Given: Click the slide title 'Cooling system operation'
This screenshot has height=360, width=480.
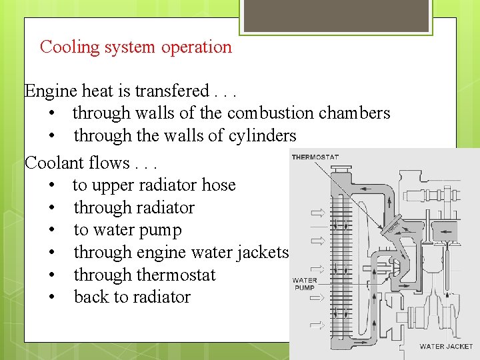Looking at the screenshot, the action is coord(136,47).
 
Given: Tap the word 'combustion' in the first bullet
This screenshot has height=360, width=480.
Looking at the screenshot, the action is coord(271,113).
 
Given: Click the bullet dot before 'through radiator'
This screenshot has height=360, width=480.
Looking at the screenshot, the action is coord(52,208).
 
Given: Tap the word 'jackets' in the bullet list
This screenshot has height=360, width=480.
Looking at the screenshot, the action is coord(263,253).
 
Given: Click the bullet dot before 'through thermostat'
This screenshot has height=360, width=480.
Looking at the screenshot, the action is coord(52,275).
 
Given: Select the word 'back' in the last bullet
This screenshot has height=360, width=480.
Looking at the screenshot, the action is coord(91,297).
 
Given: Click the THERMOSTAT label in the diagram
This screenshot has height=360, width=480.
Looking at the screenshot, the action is coord(315,157).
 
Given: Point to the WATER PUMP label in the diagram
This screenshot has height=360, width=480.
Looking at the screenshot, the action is coord(305,285).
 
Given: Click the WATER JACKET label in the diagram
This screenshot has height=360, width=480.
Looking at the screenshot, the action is coord(446,347).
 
